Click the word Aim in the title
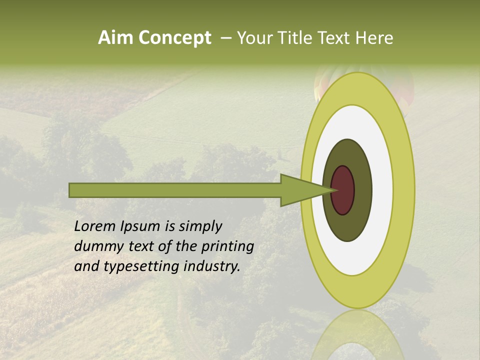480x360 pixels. pyautogui.click(x=115, y=38)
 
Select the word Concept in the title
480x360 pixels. pyautogui.click(x=174, y=38)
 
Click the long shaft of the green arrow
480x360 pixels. pyautogui.click(x=175, y=190)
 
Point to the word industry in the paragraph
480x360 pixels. pyautogui.click(x=211, y=266)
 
